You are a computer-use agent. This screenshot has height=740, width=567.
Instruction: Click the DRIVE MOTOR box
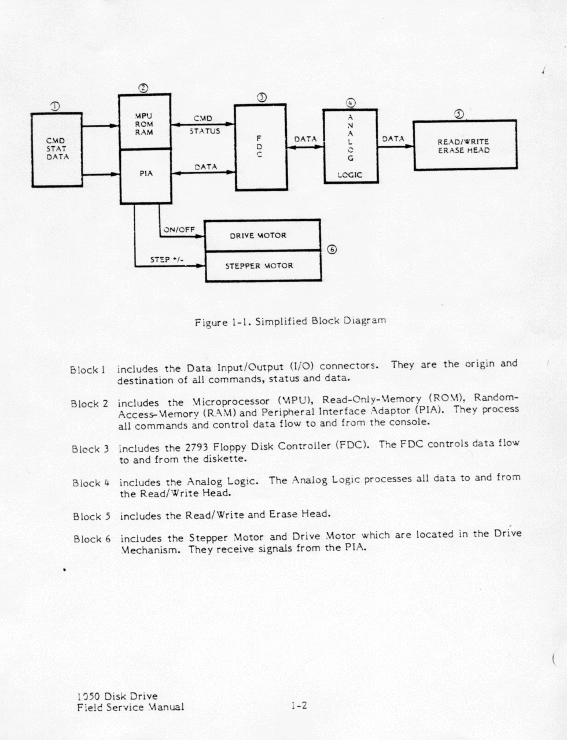pyautogui.click(x=263, y=235)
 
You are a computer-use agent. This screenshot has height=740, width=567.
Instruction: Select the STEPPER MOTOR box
pyautogui.click(x=263, y=267)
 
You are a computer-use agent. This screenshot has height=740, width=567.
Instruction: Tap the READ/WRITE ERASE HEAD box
pyautogui.click(x=464, y=146)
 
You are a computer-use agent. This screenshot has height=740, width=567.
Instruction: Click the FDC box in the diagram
pyautogui.click(x=259, y=147)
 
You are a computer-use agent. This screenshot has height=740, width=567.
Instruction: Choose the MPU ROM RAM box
pyautogui.click(x=145, y=122)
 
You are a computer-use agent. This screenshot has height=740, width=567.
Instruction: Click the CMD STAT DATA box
pyautogui.click(x=57, y=149)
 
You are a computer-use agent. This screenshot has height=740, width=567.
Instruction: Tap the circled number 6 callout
pyautogui.click(x=332, y=250)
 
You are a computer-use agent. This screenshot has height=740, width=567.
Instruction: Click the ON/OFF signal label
pyautogui.click(x=179, y=230)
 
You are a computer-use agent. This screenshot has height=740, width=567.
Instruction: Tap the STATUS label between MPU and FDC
pyautogui.click(x=205, y=131)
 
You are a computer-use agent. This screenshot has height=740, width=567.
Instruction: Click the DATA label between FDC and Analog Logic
pyautogui.click(x=305, y=139)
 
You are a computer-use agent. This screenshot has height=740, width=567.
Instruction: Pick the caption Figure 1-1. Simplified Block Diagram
pyautogui.click(x=290, y=320)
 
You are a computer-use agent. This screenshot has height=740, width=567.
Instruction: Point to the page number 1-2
pyautogui.click(x=299, y=705)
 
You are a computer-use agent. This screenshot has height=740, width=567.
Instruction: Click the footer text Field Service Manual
pyautogui.click(x=130, y=706)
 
